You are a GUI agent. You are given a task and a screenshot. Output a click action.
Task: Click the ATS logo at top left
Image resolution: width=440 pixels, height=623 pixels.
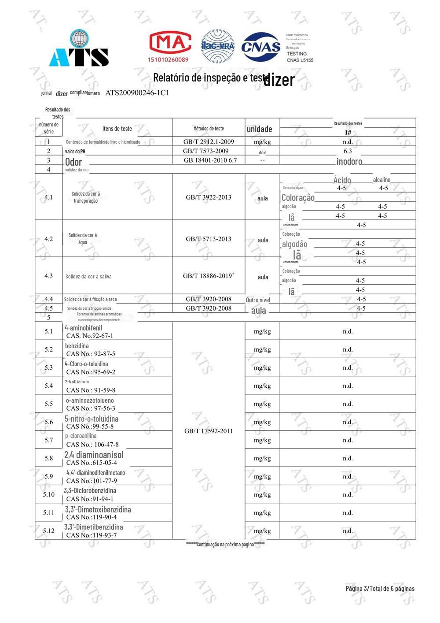coord(79,49)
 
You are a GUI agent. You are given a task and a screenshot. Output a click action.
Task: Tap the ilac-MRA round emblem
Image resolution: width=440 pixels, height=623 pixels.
coord(218,46)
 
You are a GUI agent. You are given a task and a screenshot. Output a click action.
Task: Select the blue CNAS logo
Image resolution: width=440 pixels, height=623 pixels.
coord(261,47)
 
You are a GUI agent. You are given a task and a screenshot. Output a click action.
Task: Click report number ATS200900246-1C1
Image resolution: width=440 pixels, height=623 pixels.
coord(137,93)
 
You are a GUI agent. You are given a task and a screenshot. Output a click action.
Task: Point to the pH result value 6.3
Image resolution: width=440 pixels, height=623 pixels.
coord(348,151)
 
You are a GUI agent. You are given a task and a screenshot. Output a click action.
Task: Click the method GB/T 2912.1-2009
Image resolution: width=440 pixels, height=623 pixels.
coord(209,141)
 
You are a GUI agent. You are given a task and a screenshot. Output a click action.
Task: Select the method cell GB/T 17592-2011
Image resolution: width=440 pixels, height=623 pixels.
coord(209,431)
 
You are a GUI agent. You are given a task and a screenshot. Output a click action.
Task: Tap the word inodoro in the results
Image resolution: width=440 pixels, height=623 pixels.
coord(349,161)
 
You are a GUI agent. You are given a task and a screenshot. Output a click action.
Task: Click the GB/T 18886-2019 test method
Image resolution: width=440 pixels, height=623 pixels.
coord(209,276)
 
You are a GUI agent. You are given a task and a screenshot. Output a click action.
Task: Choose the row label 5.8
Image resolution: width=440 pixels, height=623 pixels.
coord(48,458)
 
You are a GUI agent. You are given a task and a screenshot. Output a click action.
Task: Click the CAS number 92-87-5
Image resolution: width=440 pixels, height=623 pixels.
coord(91,354)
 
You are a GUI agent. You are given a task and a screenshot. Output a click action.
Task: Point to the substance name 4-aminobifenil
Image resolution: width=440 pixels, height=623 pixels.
coord(84,328)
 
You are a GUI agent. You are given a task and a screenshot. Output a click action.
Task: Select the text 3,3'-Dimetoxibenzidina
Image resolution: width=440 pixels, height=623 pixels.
coord(98,509)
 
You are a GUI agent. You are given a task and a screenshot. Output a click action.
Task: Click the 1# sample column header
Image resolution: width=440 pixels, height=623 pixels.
coord(348,132)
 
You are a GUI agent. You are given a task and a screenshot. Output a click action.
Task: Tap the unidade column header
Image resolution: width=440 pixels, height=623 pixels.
coord(259,129)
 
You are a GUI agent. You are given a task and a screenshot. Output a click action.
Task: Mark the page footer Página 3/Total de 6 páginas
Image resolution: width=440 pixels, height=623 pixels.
coord(380,589)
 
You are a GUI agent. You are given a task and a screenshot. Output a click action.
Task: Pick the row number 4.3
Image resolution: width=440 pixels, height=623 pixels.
coord(48,276)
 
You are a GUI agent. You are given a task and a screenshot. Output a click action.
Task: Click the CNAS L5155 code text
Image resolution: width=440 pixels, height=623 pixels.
coord(300,60)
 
